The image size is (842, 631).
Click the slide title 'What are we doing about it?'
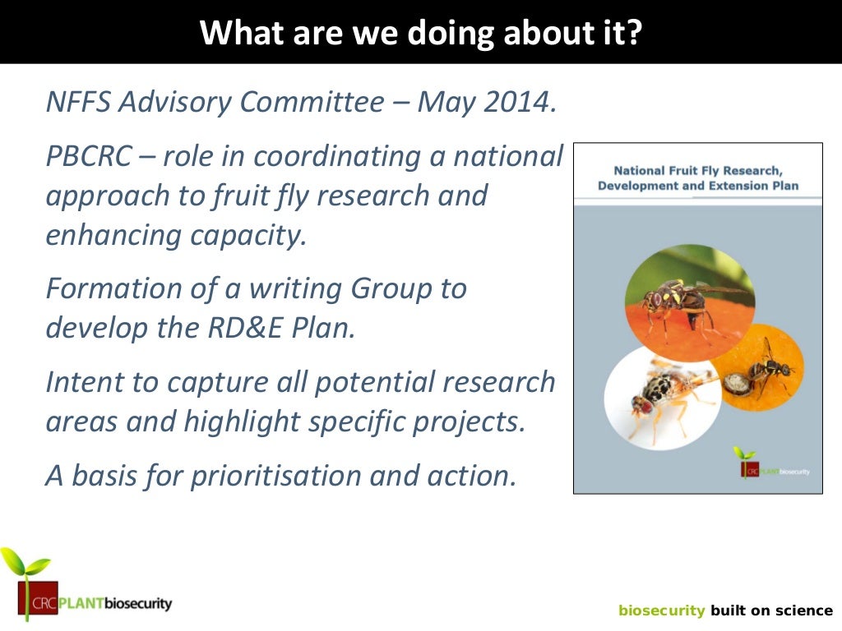point(420,32)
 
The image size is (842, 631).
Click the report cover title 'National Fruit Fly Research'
point(698,172)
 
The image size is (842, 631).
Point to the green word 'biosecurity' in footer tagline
point(661,610)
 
